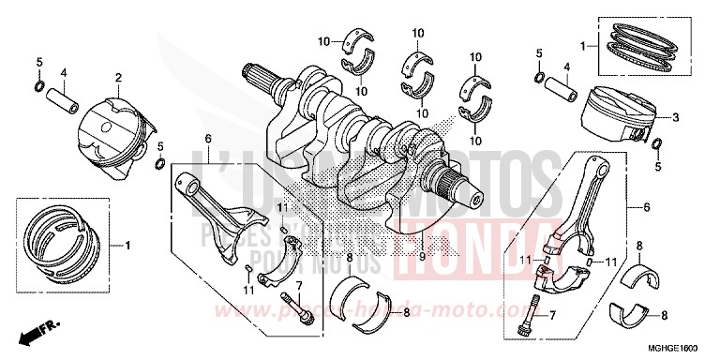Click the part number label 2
119,77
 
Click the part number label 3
674,117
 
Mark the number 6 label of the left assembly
208,140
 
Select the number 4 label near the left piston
64,72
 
